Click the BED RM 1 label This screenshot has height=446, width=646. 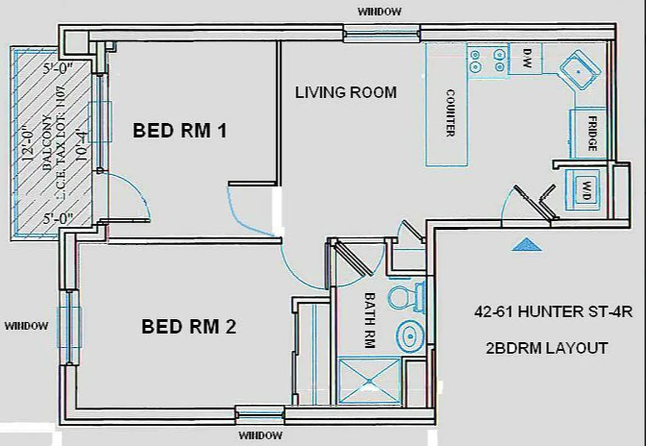pyautogui.click(x=180, y=131)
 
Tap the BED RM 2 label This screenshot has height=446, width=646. pyautogui.click(x=189, y=326)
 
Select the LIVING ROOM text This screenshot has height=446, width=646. pyautogui.click(x=346, y=92)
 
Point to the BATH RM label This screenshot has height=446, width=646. pyautogui.click(x=369, y=320)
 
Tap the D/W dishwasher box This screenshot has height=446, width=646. pyautogui.click(x=527, y=59)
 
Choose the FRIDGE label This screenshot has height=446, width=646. pyautogui.click(x=591, y=134)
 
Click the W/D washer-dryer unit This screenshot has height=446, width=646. pyautogui.click(x=584, y=185)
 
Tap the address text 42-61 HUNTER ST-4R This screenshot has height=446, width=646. pyautogui.click(x=553, y=312)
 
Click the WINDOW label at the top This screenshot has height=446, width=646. pyautogui.click(x=379, y=11)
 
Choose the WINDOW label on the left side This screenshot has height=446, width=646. pyautogui.click(x=27, y=326)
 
